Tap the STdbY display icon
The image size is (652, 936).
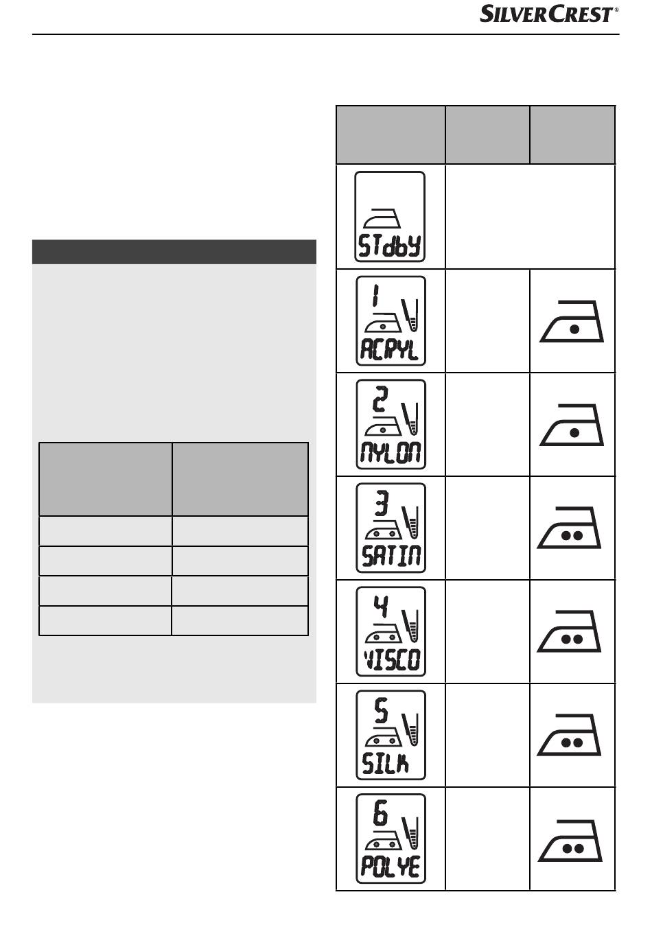390,217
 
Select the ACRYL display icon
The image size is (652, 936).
391,320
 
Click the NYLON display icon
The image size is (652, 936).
391,424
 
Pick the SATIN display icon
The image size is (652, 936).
391,528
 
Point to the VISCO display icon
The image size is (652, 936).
391,631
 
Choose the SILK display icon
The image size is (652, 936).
391,735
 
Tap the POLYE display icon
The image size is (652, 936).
391,839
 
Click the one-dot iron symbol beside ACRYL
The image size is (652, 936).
572,322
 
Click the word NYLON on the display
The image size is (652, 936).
391,454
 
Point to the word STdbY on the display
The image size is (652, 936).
390,246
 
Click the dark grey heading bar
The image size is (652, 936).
174,252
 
